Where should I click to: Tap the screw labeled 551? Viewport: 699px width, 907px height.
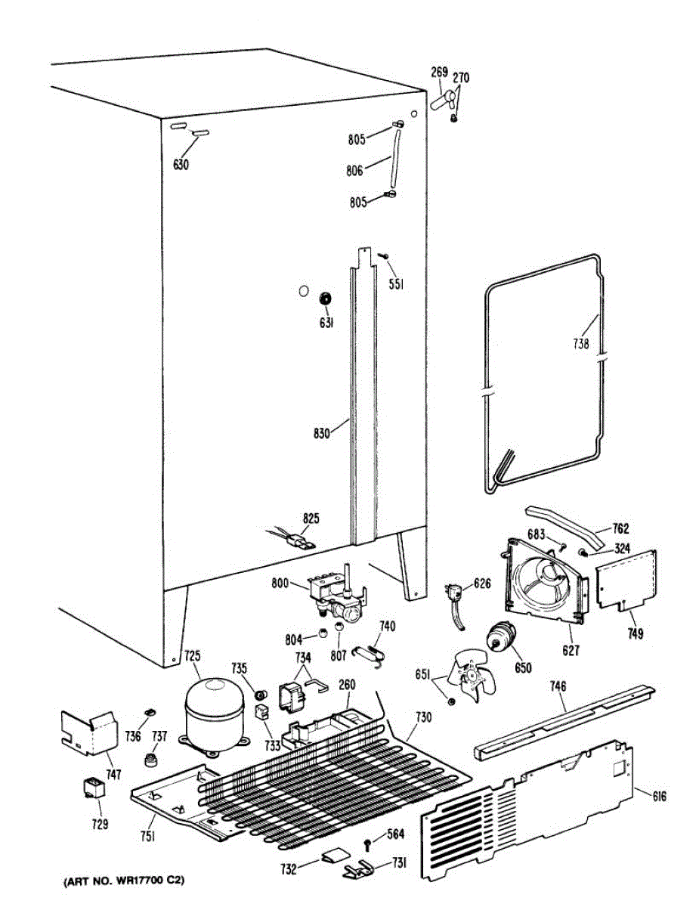pos(384,259)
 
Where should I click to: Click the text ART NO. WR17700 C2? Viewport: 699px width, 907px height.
pos(119,881)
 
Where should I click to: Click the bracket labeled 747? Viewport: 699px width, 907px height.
pos(89,732)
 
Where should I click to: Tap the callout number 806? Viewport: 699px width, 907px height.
pos(355,171)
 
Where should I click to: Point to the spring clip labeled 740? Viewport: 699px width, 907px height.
pos(373,652)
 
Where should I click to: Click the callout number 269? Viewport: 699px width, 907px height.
pos(439,73)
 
